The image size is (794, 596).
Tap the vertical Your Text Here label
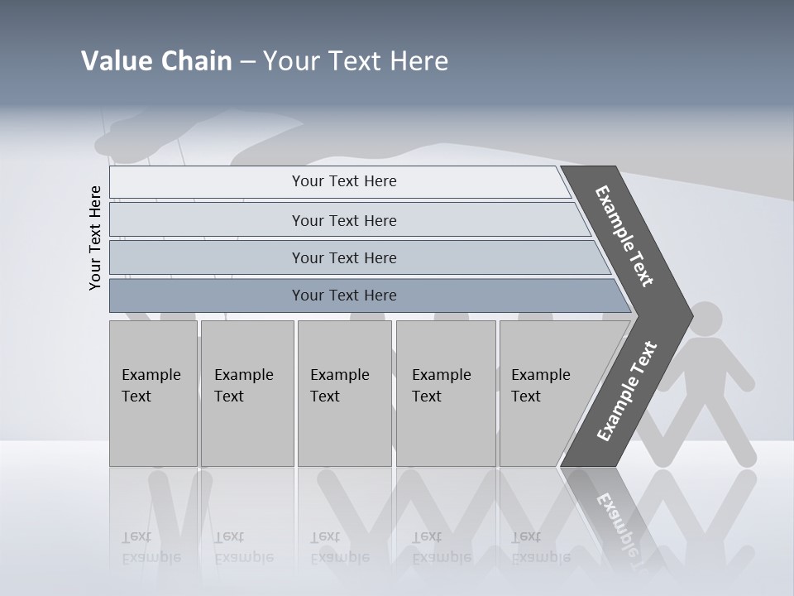click(x=95, y=238)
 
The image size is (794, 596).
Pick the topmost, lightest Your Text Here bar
click(x=343, y=181)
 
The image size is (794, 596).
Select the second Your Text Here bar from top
click(x=343, y=220)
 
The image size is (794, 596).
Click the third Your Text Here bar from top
click(x=343, y=257)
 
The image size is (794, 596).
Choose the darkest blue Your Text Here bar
click(x=343, y=296)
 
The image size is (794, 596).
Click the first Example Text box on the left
click(x=153, y=393)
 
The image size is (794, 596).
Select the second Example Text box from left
click(x=246, y=393)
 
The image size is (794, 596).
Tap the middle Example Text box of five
click(x=344, y=393)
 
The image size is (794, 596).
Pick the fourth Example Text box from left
click(x=445, y=393)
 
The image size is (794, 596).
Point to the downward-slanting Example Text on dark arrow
click(x=625, y=236)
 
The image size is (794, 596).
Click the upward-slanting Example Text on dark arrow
click(x=627, y=391)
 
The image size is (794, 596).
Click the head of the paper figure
click(x=705, y=319)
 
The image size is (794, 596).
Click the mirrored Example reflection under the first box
click(x=151, y=557)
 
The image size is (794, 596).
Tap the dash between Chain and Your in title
click(x=247, y=62)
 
